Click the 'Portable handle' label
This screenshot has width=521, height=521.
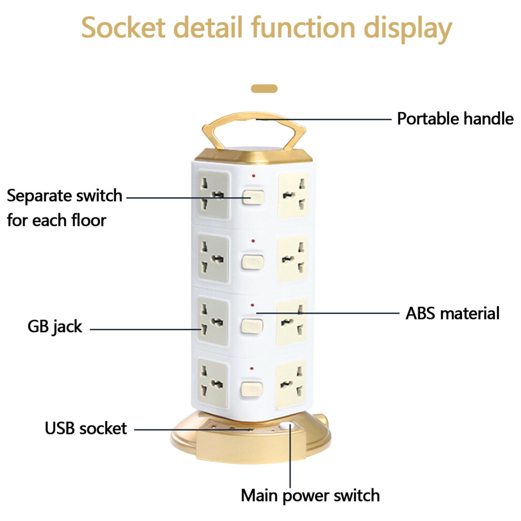point(455,119)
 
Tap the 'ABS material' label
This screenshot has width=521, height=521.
point(453,313)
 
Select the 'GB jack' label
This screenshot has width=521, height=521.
point(55,326)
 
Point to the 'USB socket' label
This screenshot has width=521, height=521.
point(86,428)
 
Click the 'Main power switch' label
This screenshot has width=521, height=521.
point(310,496)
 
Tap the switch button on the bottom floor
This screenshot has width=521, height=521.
point(251,389)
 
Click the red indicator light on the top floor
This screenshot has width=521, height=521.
point(254,175)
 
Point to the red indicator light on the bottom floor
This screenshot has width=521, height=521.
point(252,369)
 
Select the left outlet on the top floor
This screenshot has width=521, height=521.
point(213,195)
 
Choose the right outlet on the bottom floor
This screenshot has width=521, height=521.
point(290,384)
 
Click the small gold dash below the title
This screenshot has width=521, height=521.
point(264,89)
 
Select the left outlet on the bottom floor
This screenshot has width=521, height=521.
point(213,383)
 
